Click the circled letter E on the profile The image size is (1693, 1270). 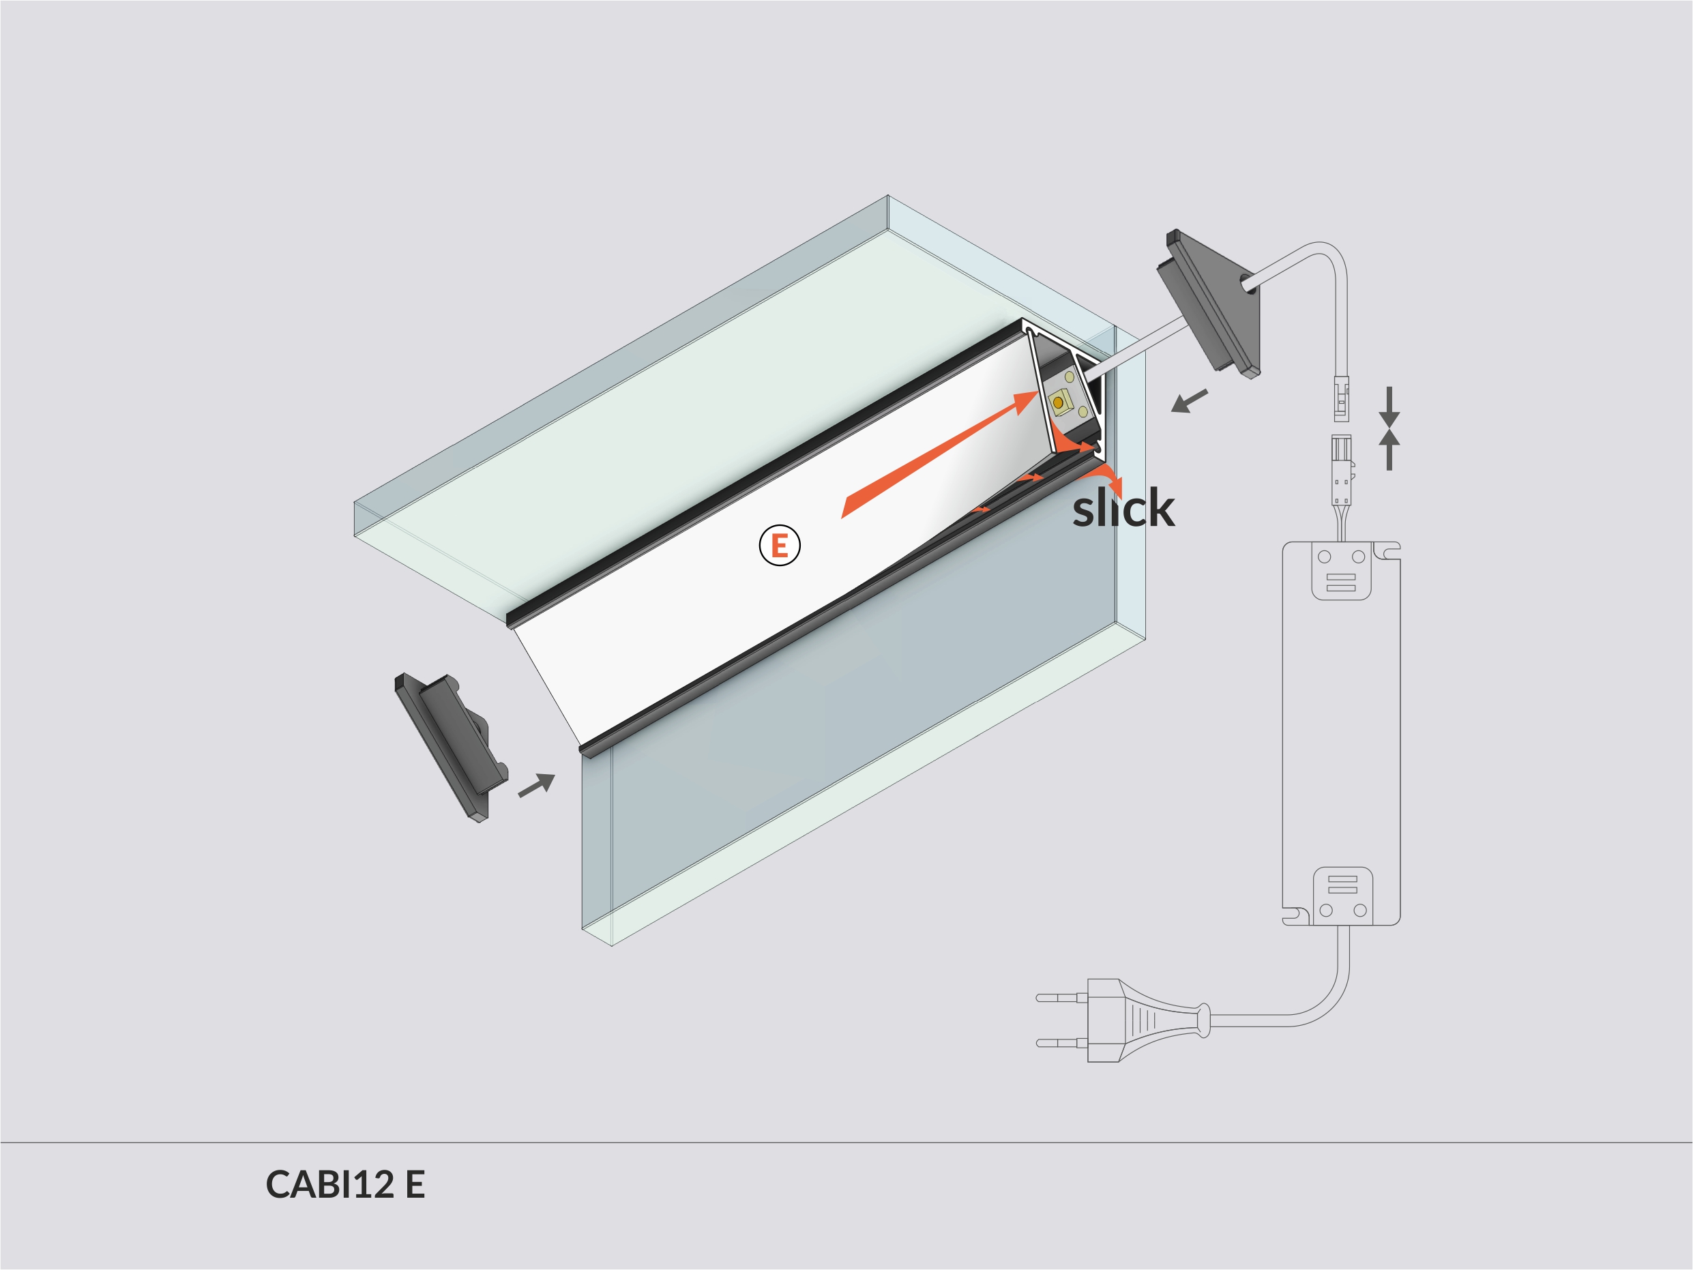pos(779,545)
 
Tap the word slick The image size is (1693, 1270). pos(1123,508)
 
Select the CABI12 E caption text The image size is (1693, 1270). pos(345,1184)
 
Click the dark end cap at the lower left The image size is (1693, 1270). pos(451,745)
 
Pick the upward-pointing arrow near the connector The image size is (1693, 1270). pos(1389,449)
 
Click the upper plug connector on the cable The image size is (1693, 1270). pos(1342,398)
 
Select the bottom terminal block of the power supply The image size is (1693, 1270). pos(1342,896)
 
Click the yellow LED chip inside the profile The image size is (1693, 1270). pos(1059,402)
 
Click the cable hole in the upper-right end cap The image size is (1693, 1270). pos(1247,282)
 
